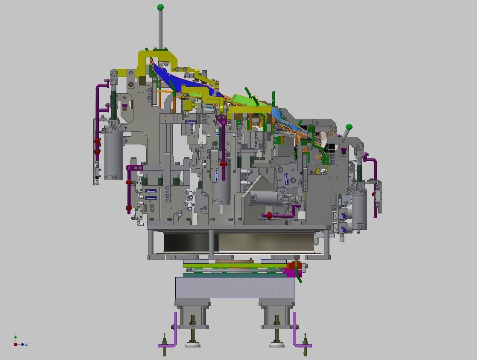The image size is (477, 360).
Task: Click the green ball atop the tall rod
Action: pos(160,7)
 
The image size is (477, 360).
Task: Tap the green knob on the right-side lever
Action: pos(349,127)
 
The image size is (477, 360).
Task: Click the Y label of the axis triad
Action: pos(16,333)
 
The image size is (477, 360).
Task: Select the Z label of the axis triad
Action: pos(27,344)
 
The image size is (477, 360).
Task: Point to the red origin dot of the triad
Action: pos(16,344)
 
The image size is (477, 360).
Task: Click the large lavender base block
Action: pos(235,287)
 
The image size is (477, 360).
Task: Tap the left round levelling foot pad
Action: pos(193,345)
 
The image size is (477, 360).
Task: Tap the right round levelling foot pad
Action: pos(277,345)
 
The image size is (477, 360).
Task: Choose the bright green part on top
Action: pos(244,100)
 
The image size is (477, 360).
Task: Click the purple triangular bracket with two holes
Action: pos(222,119)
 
